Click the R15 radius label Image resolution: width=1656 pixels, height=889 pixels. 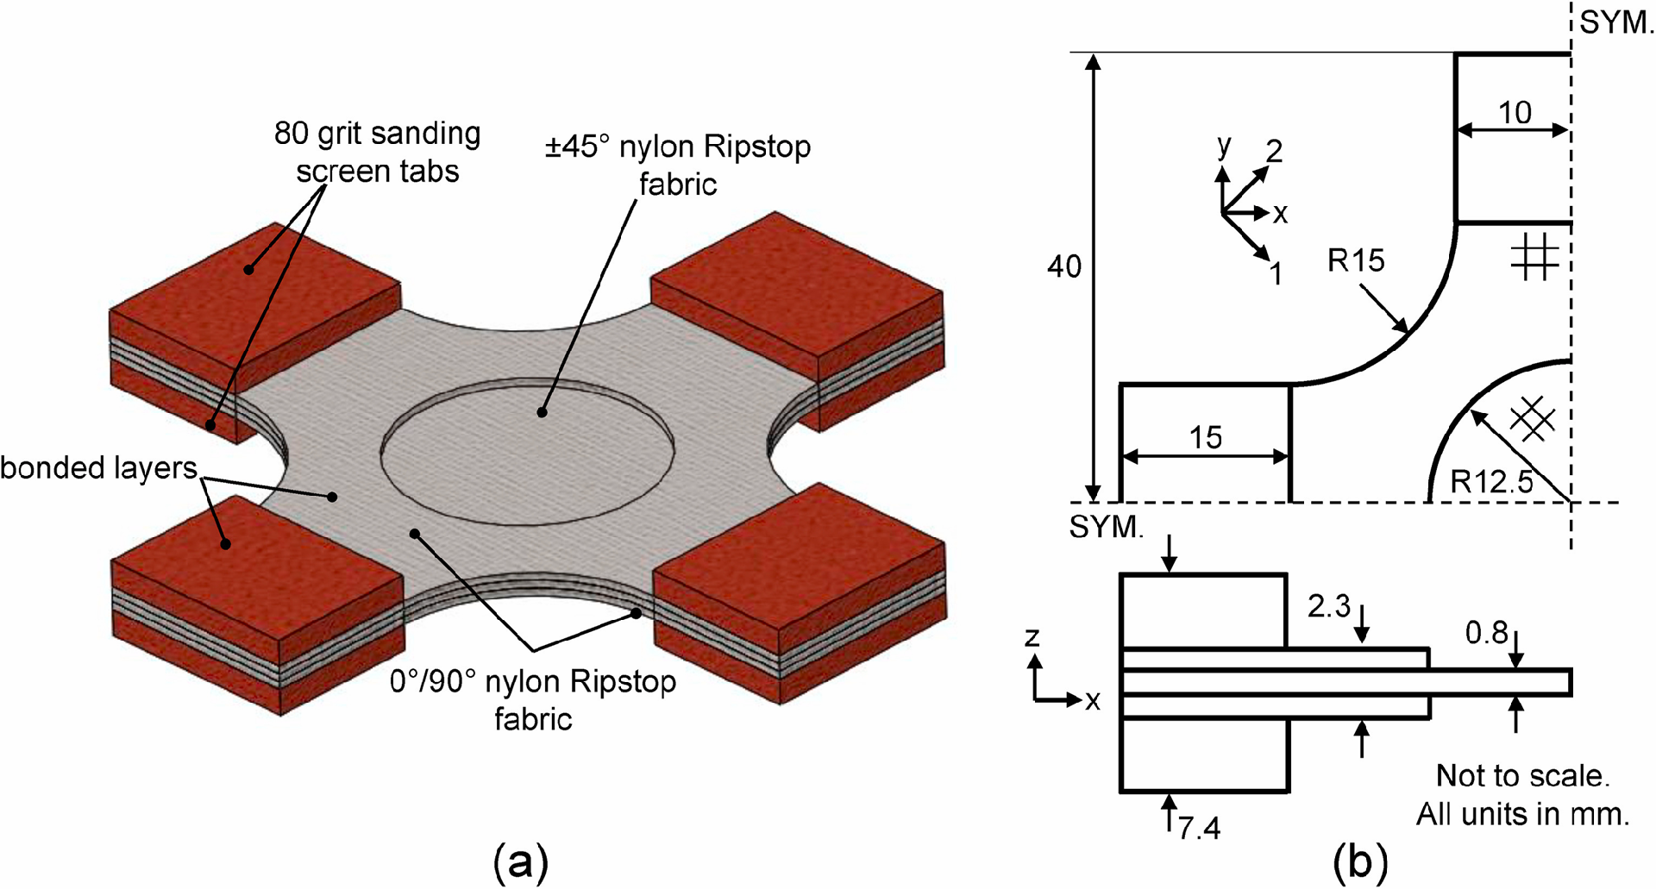click(1355, 260)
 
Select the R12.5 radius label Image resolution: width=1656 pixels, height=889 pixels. click(1491, 481)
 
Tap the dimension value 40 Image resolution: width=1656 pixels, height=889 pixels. click(1063, 266)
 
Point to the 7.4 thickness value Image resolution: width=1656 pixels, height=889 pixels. click(1199, 829)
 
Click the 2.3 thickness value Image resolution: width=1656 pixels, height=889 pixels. click(1328, 606)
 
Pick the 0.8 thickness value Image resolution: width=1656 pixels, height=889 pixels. click(1486, 634)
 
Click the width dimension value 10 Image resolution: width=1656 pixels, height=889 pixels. click(1515, 113)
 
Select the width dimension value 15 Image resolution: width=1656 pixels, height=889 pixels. click(1205, 438)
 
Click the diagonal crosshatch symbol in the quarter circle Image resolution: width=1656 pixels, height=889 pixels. click(1533, 420)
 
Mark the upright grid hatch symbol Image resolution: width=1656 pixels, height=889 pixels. click(1534, 258)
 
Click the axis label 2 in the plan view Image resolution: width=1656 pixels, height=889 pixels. click(1274, 152)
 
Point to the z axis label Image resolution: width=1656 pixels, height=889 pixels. click(1032, 637)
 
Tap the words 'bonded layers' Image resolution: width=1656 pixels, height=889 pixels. click(98, 468)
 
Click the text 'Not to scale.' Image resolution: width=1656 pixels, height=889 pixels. click(1522, 776)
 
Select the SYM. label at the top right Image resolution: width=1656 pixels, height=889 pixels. click(1616, 22)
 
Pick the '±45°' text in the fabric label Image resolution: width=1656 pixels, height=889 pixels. click(576, 147)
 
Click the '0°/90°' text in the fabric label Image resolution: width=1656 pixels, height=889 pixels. click(432, 682)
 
